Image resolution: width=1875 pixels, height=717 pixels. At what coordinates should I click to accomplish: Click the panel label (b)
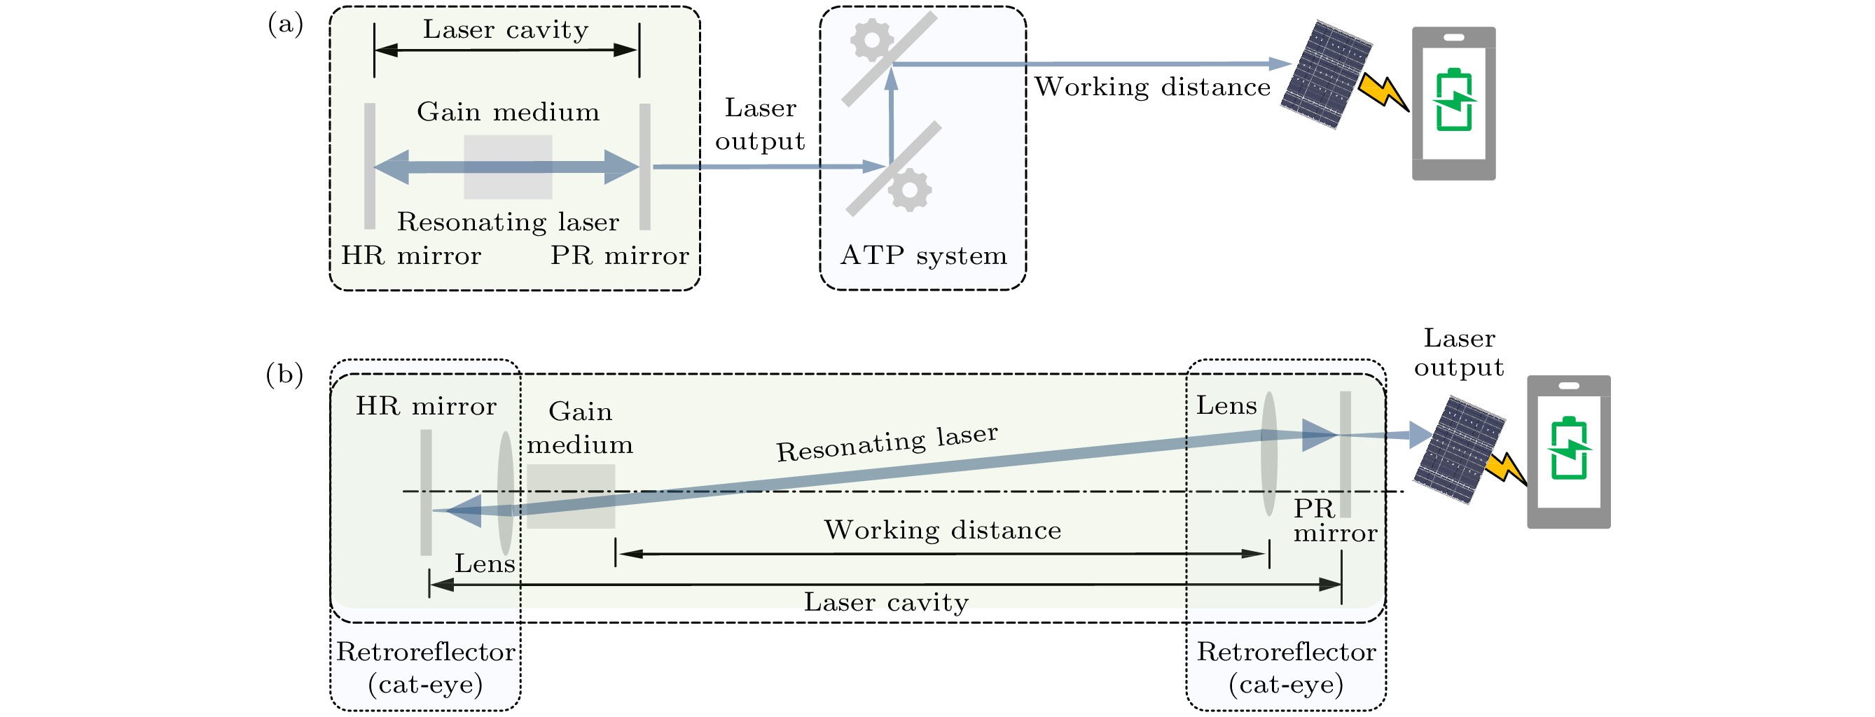pyautogui.click(x=284, y=375)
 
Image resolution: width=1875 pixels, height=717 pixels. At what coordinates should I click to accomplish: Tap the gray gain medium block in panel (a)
pyautogui.click(x=507, y=167)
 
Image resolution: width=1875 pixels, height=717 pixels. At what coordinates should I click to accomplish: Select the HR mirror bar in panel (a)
pyautogui.click(x=370, y=167)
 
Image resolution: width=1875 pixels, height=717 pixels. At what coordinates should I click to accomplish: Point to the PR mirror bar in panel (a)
pyautogui.click(x=645, y=167)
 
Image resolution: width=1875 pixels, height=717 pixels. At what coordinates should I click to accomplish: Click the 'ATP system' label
pyautogui.click(x=923, y=256)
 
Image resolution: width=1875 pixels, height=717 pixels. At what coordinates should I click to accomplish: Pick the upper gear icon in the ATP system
pyautogui.click(x=871, y=40)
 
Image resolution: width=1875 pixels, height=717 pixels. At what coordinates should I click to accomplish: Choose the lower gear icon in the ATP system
pyautogui.click(x=910, y=189)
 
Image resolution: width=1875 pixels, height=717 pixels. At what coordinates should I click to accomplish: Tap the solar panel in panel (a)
pyautogui.click(x=1325, y=75)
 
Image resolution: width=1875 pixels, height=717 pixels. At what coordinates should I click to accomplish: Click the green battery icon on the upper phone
pyautogui.click(x=1453, y=99)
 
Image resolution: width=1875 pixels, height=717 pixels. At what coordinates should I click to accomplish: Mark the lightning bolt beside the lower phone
pyautogui.click(x=1505, y=470)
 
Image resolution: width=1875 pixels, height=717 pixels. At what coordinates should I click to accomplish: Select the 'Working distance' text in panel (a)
pyautogui.click(x=1152, y=88)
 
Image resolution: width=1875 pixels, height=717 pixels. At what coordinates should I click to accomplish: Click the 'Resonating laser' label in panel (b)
pyautogui.click(x=887, y=443)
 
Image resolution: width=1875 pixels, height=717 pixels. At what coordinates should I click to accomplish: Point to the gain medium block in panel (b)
pyautogui.click(x=571, y=496)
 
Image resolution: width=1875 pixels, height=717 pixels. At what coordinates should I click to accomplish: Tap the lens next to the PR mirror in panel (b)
pyautogui.click(x=1268, y=454)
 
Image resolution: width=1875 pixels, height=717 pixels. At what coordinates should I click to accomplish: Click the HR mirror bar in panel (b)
pyautogui.click(x=426, y=492)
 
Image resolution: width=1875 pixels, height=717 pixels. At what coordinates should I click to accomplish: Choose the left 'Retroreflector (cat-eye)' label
pyautogui.click(x=426, y=667)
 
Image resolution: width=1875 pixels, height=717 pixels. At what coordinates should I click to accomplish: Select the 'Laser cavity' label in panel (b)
pyautogui.click(x=886, y=603)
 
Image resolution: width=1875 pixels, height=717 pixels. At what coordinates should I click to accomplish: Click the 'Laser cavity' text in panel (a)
pyautogui.click(x=506, y=30)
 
